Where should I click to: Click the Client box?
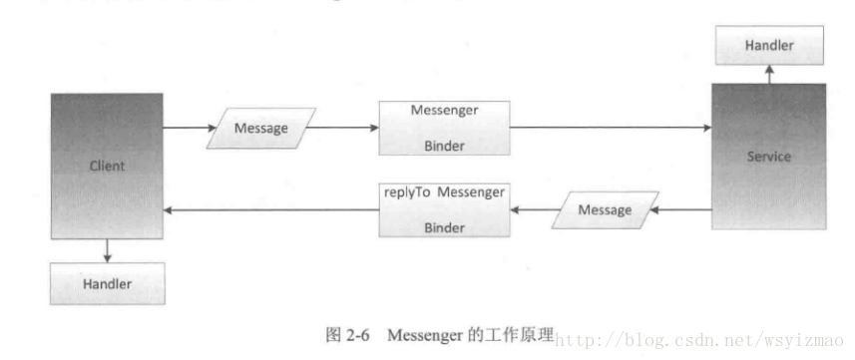[x=107, y=166]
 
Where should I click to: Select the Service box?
[x=768, y=157]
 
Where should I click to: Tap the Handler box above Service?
[x=768, y=46]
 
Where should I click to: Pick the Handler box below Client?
[x=107, y=285]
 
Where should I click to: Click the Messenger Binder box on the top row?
[x=444, y=128]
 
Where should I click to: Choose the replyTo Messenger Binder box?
[x=444, y=208]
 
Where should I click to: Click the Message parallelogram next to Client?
[x=260, y=129]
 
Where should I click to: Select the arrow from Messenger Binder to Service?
[x=609, y=128]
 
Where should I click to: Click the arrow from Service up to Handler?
[x=768, y=75]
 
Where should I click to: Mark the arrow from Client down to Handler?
[x=107, y=252]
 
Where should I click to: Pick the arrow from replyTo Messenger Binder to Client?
[x=269, y=209]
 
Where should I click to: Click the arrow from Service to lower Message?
[x=683, y=209]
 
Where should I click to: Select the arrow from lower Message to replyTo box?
[x=531, y=209]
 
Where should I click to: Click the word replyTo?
[x=406, y=190]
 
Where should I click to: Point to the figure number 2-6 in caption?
[x=357, y=335]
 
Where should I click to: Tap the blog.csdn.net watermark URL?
[x=698, y=339]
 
